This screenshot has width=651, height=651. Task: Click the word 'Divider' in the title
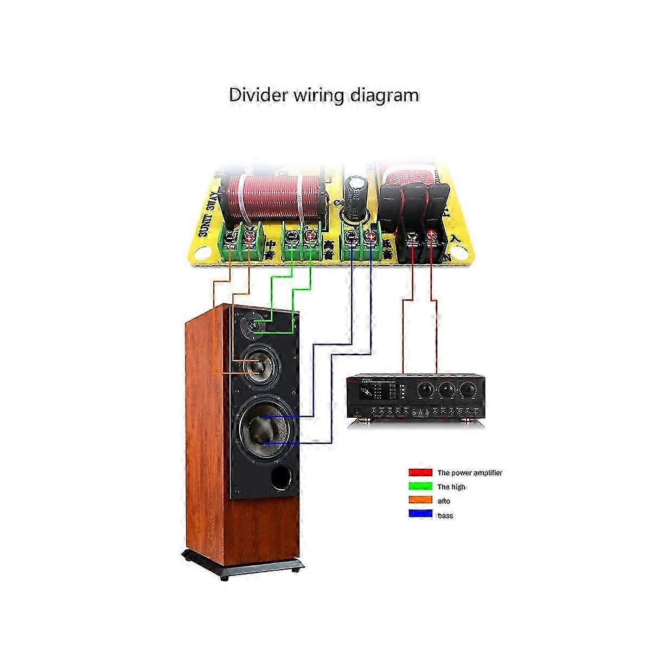click(x=258, y=95)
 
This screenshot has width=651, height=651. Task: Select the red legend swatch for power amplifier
click(x=420, y=473)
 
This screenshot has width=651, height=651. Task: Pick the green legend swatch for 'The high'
click(x=420, y=487)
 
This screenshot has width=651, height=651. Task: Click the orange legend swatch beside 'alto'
click(x=420, y=501)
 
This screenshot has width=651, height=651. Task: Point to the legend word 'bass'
click(x=445, y=515)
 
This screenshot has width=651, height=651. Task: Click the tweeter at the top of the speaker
click(x=254, y=325)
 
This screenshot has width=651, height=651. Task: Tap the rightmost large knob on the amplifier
click(x=467, y=390)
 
